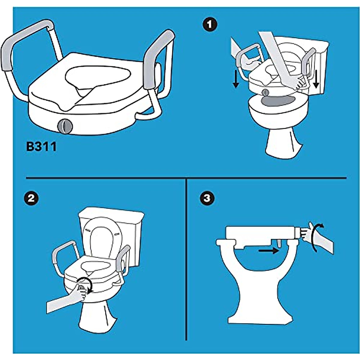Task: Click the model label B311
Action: tap(41, 147)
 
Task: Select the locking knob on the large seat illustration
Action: tap(65, 126)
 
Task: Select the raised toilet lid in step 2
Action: tap(102, 240)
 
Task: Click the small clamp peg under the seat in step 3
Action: tap(278, 243)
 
